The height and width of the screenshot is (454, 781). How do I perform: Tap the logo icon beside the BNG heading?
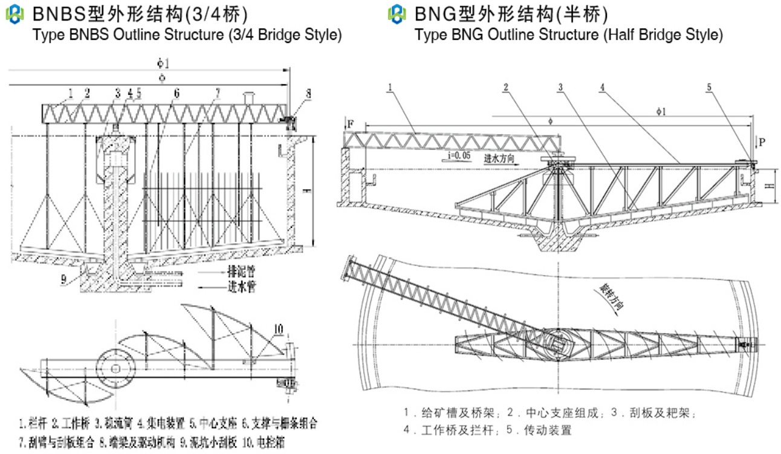pos(397,13)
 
